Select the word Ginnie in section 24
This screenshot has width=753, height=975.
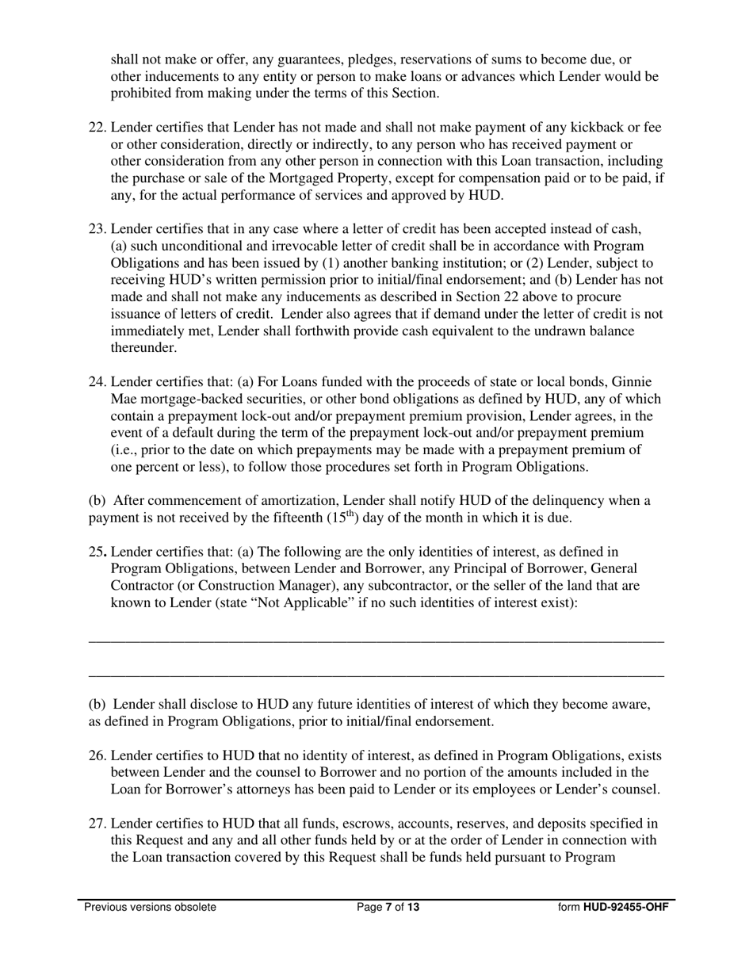coord(633,383)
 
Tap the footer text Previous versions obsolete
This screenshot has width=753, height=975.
coord(150,908)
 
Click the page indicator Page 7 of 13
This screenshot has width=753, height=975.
coord(388,908)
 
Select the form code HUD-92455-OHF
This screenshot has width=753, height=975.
coord(625,908)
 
